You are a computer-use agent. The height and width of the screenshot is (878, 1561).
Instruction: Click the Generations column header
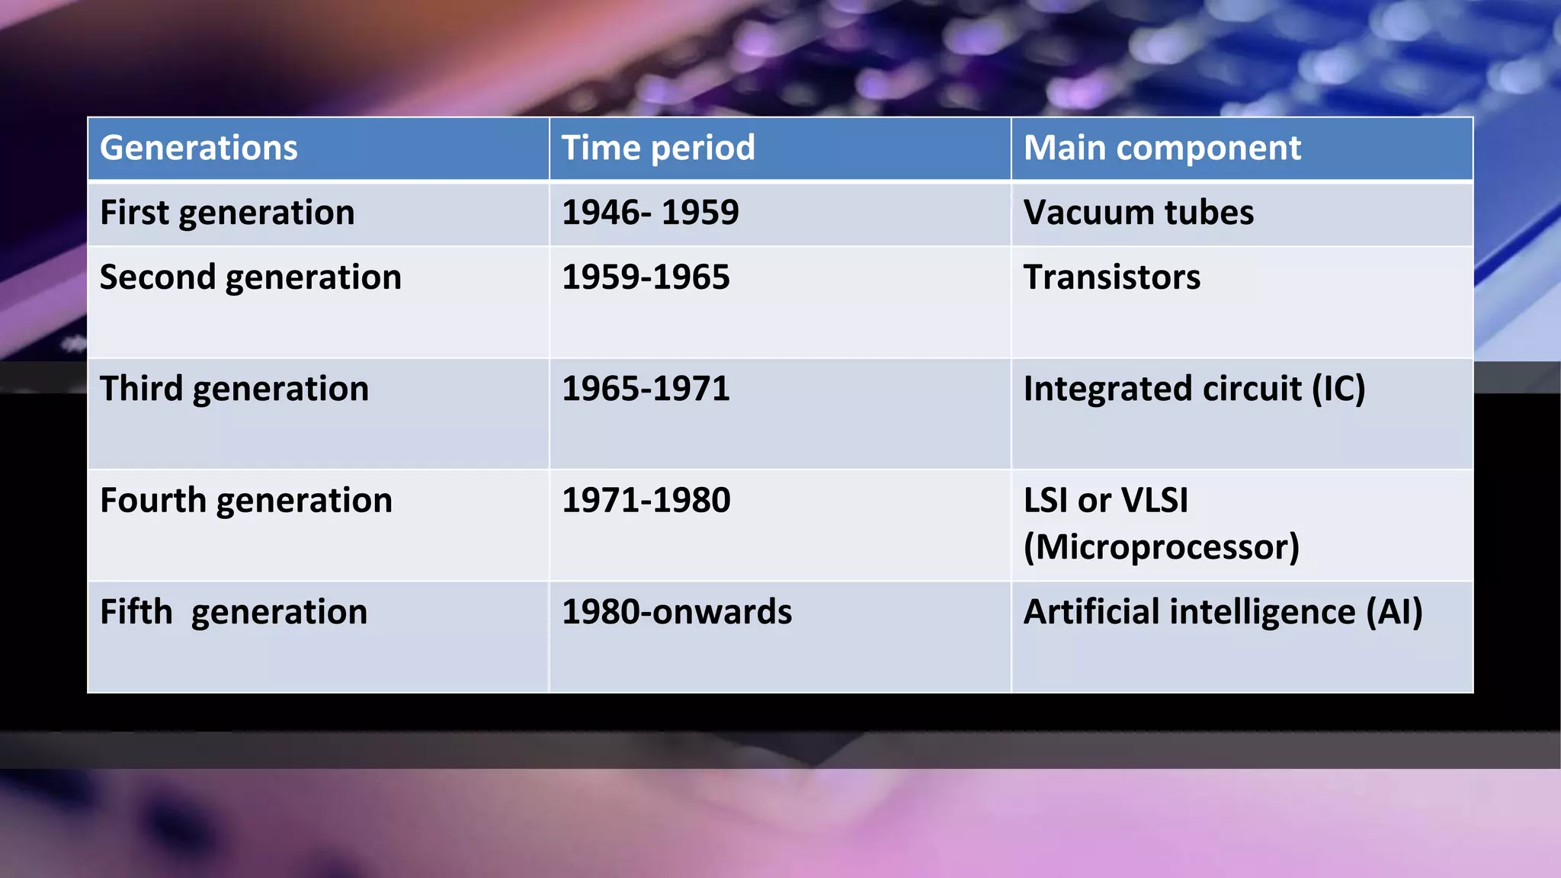[x=198, y=148]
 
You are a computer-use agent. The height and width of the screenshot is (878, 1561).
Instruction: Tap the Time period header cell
[x=658, y=148]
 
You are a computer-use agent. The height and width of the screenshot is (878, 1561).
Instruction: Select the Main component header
[x=1162, y=148]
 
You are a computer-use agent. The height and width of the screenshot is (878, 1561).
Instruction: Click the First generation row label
[x=227, y=213]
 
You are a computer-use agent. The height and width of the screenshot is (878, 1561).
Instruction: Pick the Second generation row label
[x=250, y=277]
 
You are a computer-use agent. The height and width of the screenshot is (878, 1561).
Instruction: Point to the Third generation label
[x=234, y=389]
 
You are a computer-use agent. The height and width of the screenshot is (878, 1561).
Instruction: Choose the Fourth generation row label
[x=245, y=501]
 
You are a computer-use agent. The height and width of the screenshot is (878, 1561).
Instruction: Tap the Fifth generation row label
[x=233, y=612]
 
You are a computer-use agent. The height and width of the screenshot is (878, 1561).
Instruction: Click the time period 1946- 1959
[x=649, y=213]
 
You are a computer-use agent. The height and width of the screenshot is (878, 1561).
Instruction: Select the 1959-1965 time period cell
[x=645, y=277]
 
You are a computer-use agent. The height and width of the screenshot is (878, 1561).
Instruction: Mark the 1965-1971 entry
[x=645, y=389]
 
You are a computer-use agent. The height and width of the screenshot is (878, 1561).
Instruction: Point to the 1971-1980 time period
[x=646, y=501]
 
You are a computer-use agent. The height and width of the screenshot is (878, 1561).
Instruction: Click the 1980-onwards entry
[x=676, y=612]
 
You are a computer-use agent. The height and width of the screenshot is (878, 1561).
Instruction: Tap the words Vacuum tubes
[x=1138, y=213]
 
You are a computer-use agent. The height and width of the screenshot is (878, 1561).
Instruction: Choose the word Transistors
[x=1111, y=277]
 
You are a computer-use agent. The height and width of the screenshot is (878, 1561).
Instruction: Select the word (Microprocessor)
[x=1161, y=547]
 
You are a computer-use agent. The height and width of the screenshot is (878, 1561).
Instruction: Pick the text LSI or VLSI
[x=1105, y=501]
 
